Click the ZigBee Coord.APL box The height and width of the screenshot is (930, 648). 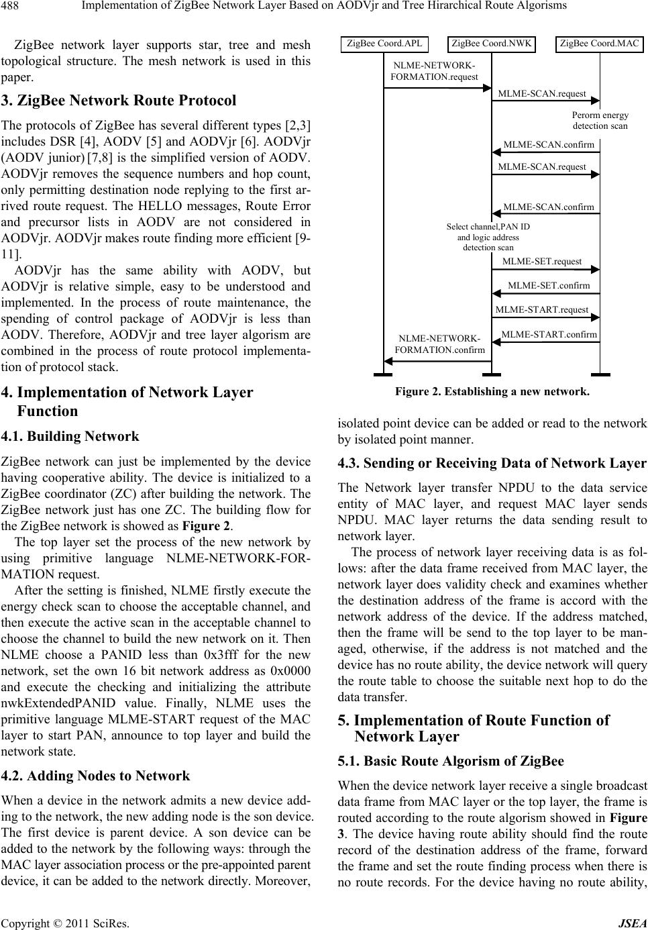(384, 44)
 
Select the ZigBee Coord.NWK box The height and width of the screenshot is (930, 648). (492, 44)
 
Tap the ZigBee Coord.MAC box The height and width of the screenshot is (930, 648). (600, 44)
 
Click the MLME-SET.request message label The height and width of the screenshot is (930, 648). (542, 261)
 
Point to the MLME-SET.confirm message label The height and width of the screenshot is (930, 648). (549, 285)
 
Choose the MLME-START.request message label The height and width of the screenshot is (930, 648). (541, 309)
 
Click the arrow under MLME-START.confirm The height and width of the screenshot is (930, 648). (546, 342)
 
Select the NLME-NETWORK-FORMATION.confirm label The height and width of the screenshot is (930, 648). (439, 344)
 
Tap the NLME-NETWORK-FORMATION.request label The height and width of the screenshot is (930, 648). (434, 71)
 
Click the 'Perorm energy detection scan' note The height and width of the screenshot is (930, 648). (600, 120)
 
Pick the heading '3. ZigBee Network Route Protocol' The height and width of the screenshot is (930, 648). (119, 101)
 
